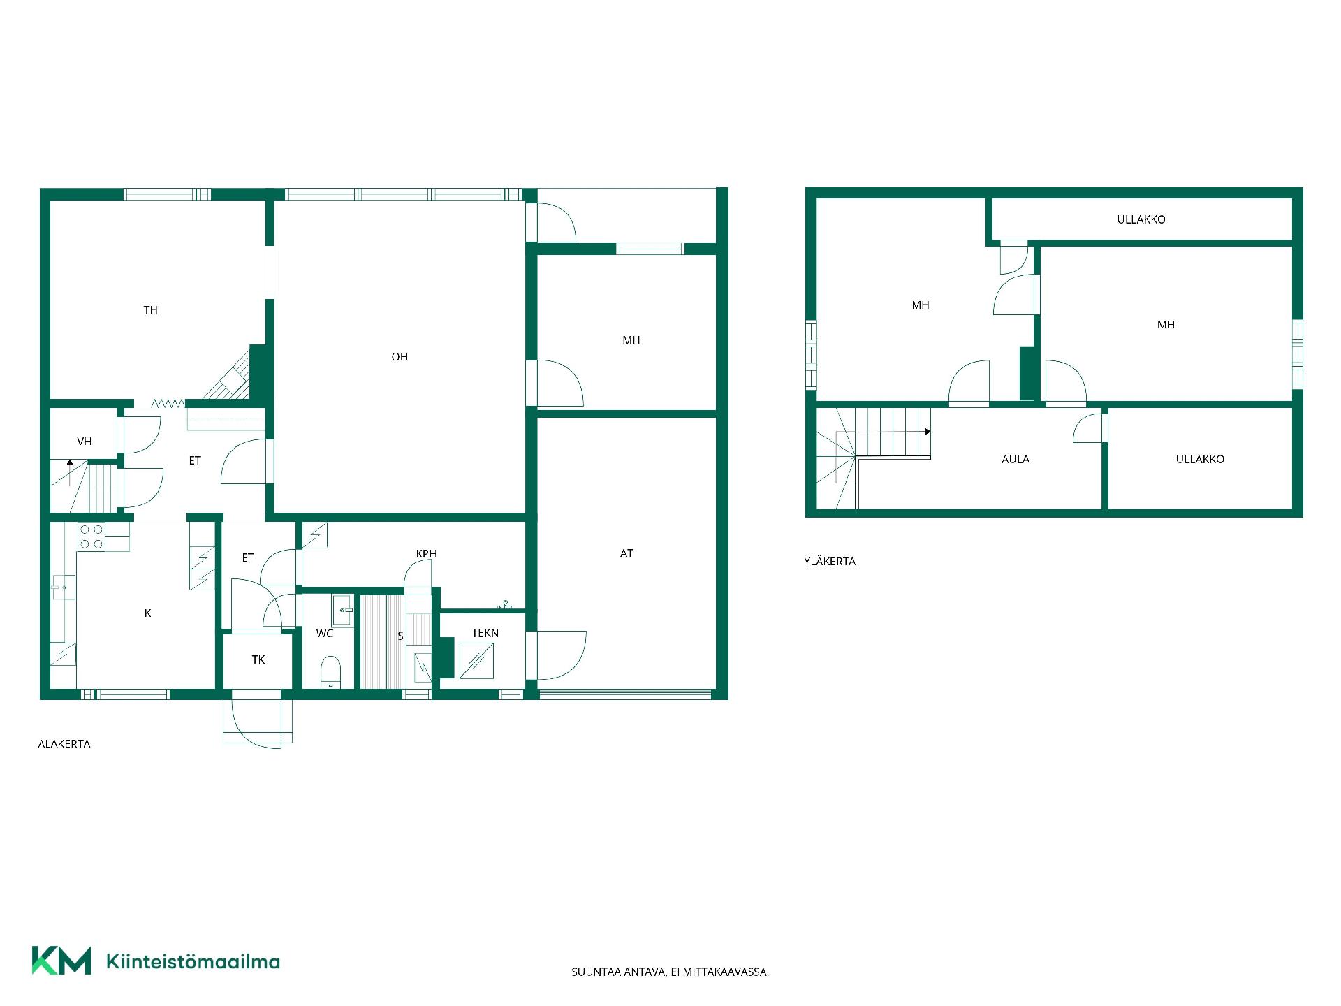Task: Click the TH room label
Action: click(150, 310)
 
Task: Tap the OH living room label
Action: click(400, 357)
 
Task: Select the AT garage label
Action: click(626, 553)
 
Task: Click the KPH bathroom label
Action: click(426, 554)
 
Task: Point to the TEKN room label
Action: click(485, 633)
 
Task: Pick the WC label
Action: click(325, 634)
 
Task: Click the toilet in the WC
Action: click(330, 671)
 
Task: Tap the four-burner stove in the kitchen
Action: click(91, 537)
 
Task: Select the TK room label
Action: click(258, 659)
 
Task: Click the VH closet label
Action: click(85, 442)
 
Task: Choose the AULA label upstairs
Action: click(1016, 459)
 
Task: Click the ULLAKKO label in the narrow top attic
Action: click(1141, 219)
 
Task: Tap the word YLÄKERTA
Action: click(830, 561)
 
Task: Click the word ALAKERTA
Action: click(64, 744)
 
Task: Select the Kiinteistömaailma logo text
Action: click(193, 961)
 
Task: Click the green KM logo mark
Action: click(61, 961)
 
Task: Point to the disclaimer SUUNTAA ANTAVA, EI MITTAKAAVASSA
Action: click(670, 972)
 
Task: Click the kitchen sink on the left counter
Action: click(64, 588)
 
